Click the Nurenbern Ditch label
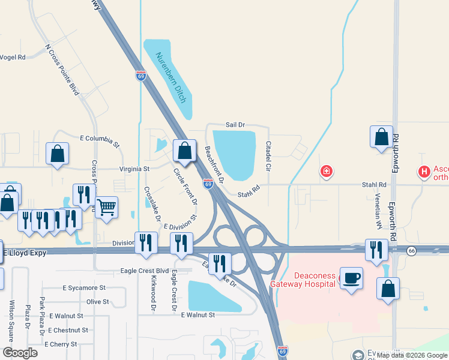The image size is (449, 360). pos(171,77)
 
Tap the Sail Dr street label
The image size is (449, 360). pos(235,125)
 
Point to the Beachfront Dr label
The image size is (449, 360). pos(214,164)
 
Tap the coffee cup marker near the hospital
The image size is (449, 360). pos(352,278)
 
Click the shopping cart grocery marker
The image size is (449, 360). pos(107,208)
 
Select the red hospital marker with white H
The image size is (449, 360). pos(424,172)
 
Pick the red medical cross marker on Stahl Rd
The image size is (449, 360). pos(326,172)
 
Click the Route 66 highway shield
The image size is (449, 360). pos(411,251)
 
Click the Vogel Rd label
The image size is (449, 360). pos(13,58)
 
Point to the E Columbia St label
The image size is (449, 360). pos(100,141)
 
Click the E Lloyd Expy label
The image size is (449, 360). pos(25,253)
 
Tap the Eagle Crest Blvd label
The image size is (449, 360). pos(145,271)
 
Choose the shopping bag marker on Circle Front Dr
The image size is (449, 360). pos(185,151)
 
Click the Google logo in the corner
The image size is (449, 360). pos(20,353)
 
